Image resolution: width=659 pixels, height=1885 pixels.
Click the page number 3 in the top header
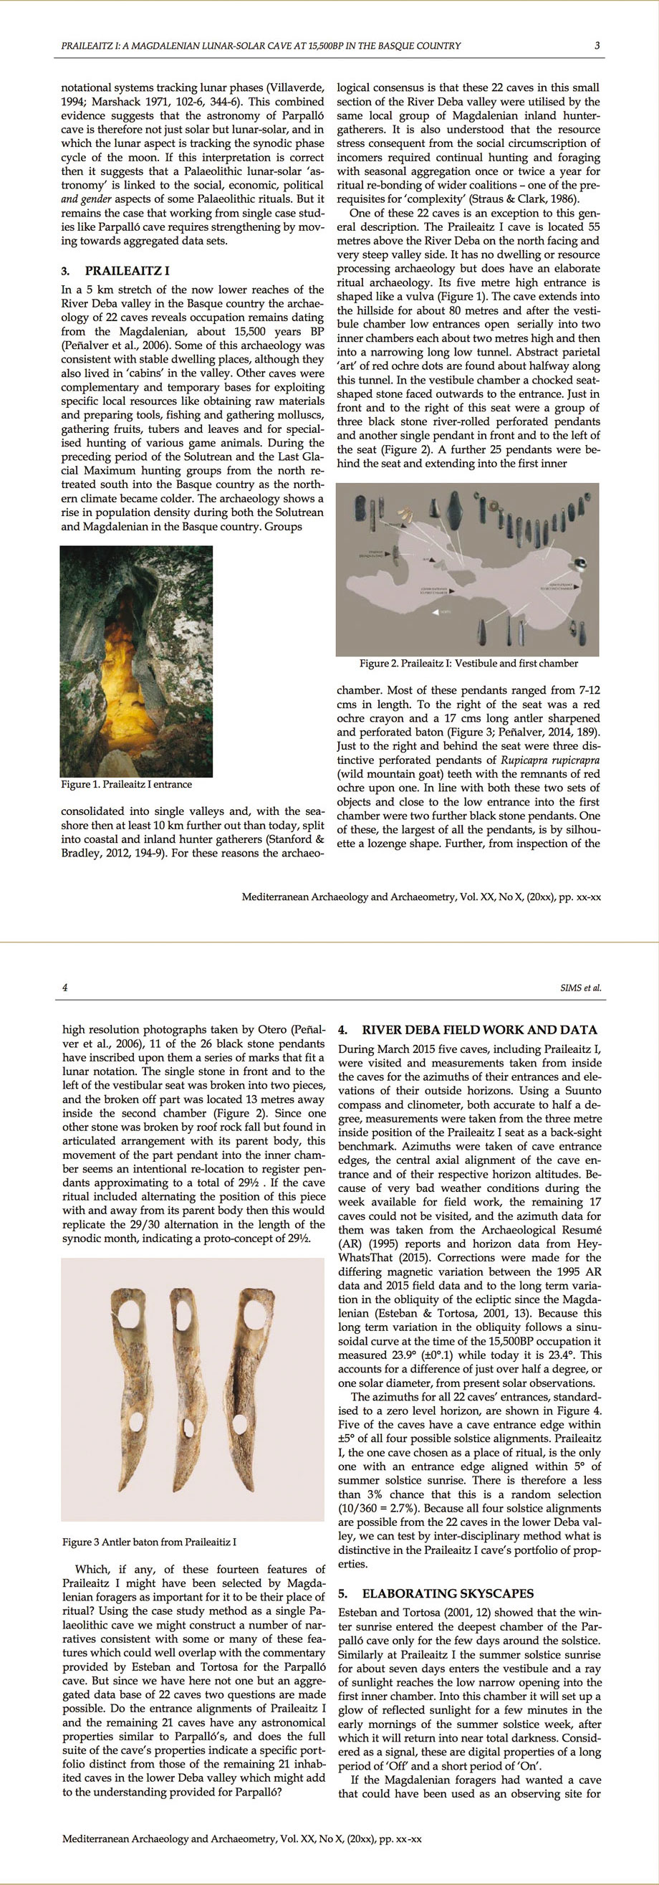point(597,45)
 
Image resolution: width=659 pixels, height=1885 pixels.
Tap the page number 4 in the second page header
point(65,987)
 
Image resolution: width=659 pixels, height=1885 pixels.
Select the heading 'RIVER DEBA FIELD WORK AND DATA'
point(479,1029)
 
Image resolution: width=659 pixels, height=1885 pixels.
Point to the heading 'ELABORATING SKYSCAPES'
point(448,1593)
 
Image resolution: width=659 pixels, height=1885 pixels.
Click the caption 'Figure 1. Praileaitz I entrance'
point(127,784)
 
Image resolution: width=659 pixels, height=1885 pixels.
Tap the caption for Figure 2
point(468,664)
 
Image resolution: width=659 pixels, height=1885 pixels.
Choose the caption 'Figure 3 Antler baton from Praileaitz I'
point(149,1542)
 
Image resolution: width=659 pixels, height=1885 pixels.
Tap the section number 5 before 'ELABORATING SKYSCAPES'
point(343,1593)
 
